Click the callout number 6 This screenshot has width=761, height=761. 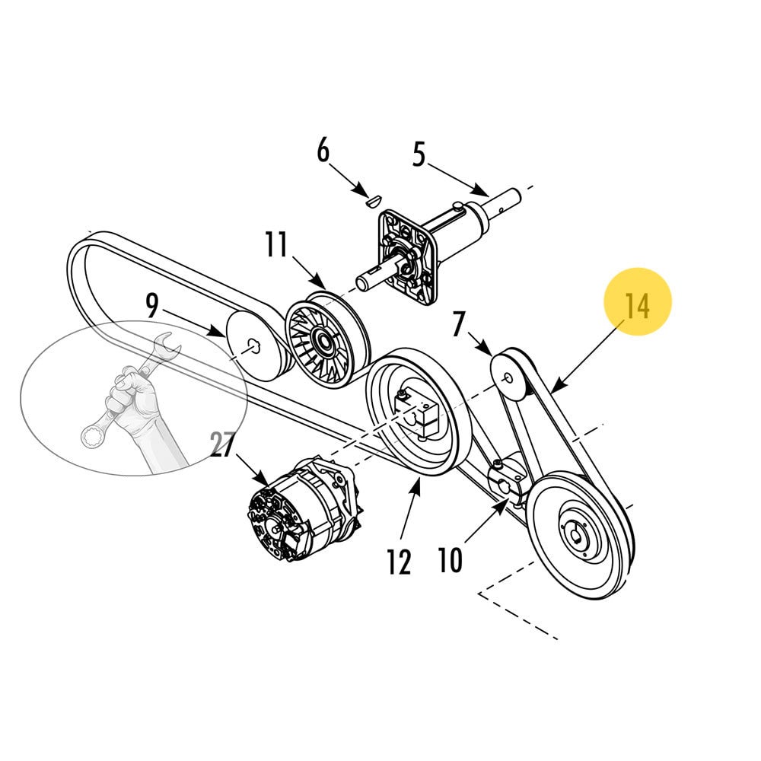(323, 151)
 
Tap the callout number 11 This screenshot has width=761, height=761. (276, 245)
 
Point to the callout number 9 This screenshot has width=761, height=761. (152, 307)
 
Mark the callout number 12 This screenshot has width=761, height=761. (399, 562)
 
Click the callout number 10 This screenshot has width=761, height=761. (450, 560)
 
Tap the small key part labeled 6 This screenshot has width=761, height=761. (371, 202)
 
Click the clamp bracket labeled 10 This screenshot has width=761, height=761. (508, 479)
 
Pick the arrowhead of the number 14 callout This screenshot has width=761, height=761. (553, 387)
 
